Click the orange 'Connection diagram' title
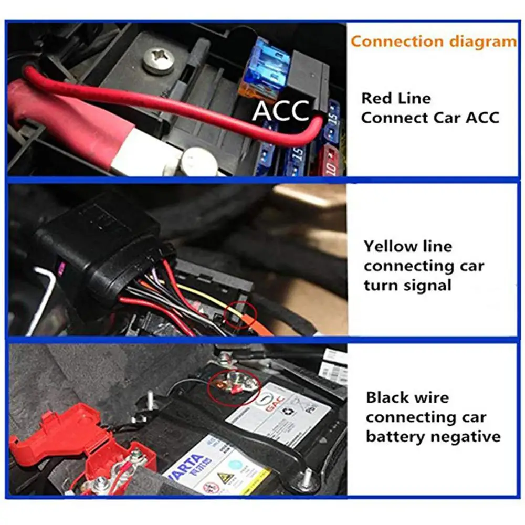tap(434, 41)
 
